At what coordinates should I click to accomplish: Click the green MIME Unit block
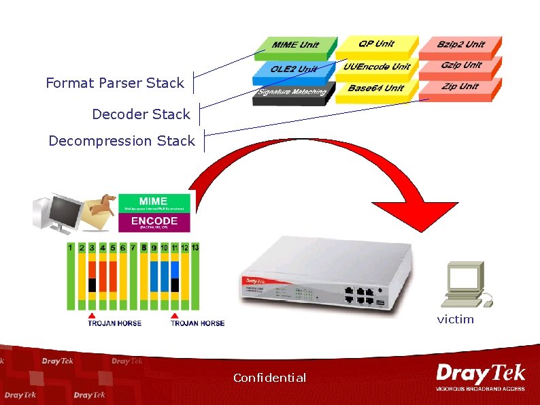click(296, 46)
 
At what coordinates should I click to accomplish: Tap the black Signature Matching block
click(292, 93)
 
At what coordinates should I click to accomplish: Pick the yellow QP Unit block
click(376, 45)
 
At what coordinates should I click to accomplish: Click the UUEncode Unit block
click(377, 67)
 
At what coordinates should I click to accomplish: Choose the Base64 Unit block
click(375, 89)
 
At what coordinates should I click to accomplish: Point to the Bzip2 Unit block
click(461, 46)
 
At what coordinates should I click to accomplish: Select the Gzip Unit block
click(461, 66)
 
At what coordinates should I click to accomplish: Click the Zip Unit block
click(460, 88)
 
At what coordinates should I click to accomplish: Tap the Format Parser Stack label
click(115, 83)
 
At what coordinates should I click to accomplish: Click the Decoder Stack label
click(141, 114)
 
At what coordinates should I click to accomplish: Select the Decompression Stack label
click(121, 141)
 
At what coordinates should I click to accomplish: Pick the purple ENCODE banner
click(154, 223)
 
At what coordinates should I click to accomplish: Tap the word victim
click(455, 319)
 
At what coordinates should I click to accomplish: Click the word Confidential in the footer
click(269, 378)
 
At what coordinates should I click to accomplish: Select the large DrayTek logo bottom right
click(481, 376)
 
